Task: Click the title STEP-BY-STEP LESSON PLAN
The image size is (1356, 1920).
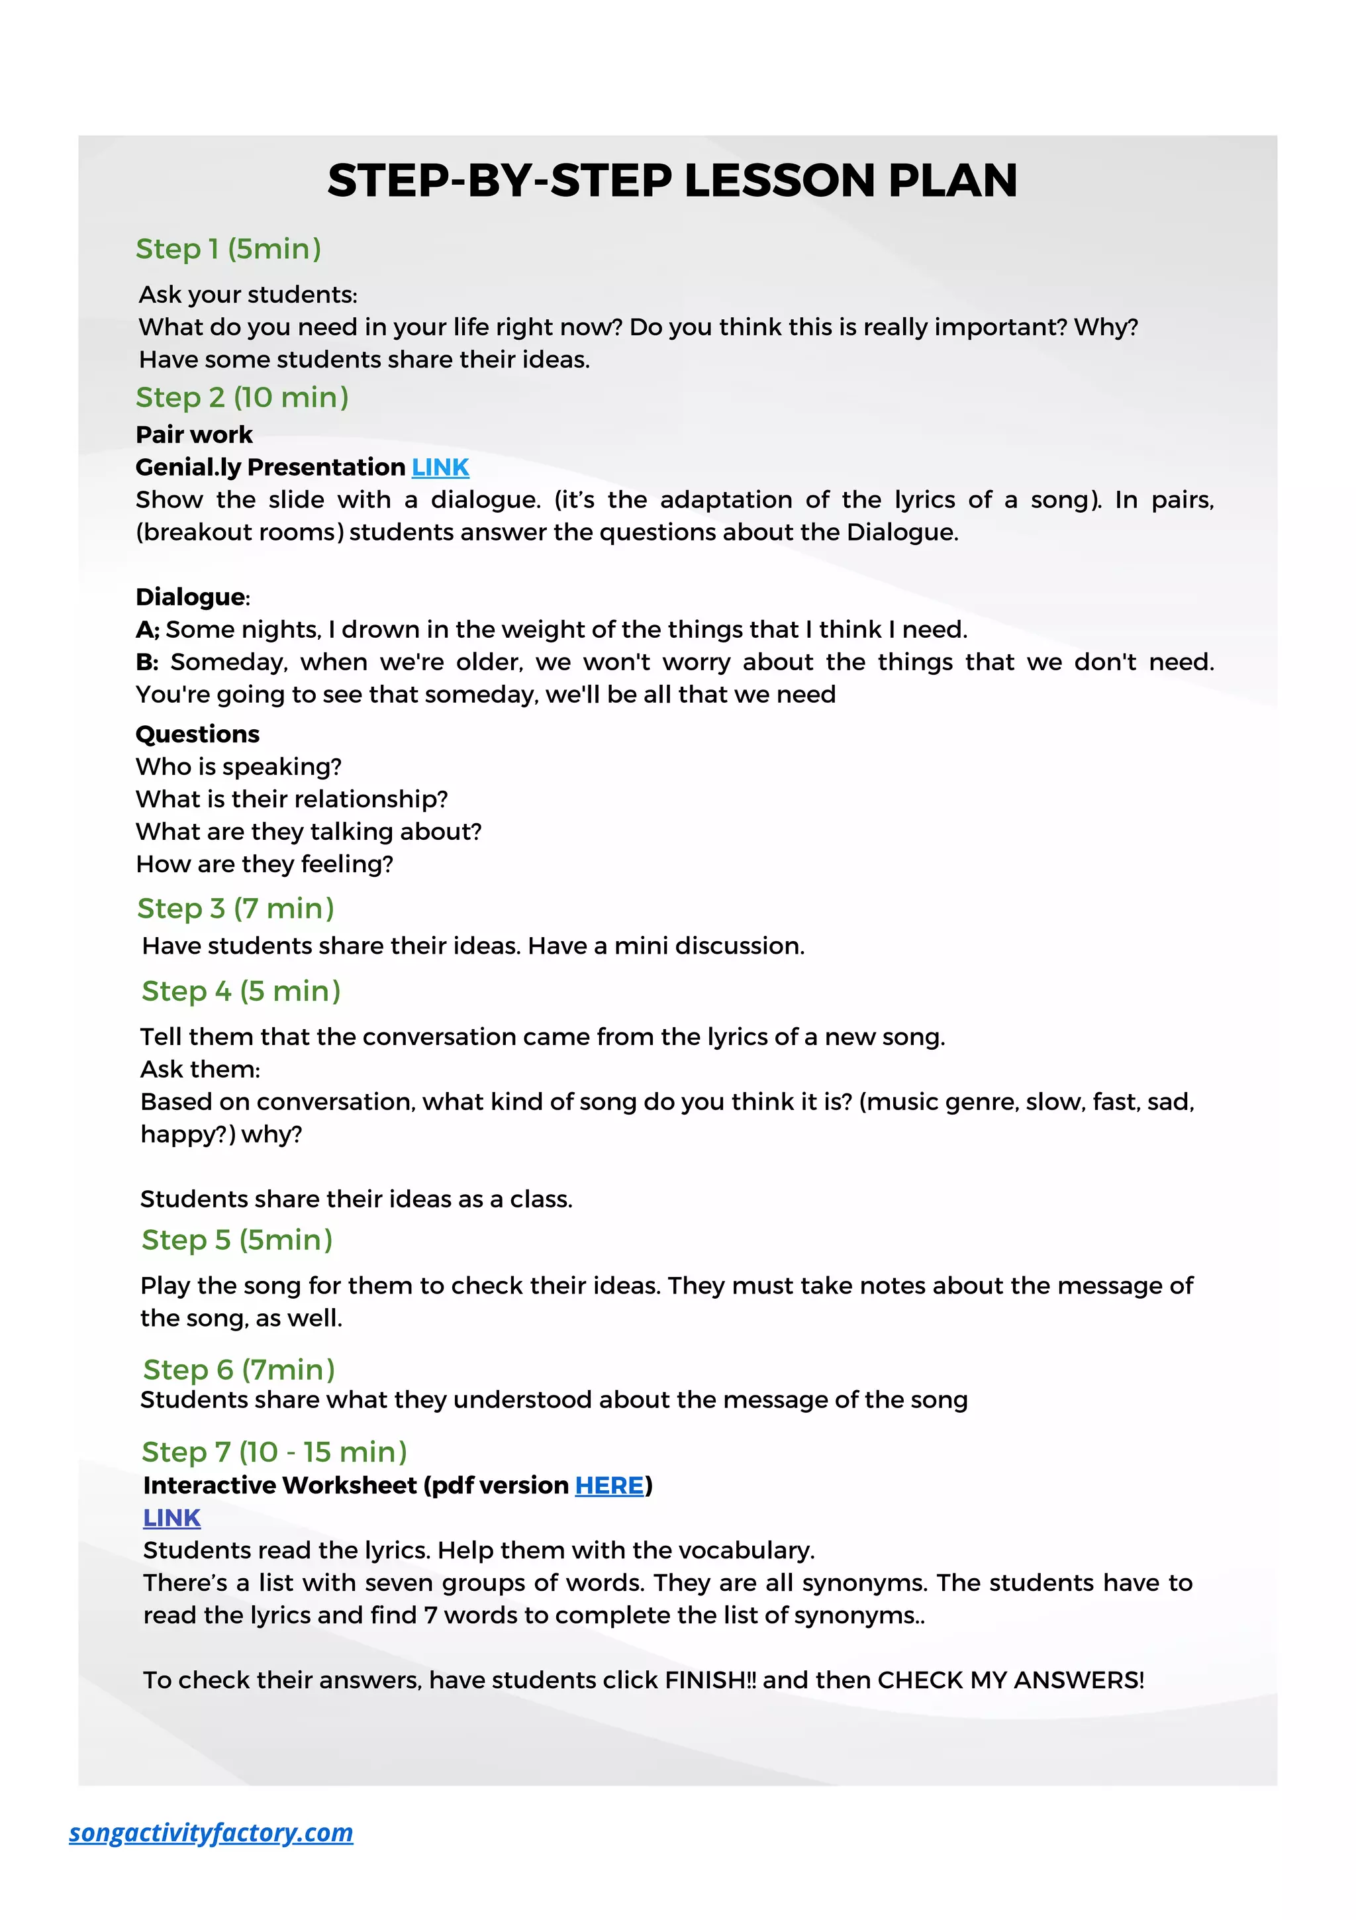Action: click(x=672, y=181)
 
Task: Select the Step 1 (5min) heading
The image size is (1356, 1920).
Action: click(x=228, y=248)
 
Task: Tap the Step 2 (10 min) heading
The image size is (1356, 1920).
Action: click(x=242, y=397)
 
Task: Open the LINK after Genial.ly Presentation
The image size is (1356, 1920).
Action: click(x=440, y=468)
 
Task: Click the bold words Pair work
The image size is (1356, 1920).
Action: click(x=194, y=435)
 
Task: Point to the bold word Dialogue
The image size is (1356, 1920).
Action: click(x=191, y=597)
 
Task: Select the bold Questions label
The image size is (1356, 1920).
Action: click(x=197, y=734)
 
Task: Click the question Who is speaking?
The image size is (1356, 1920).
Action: click(x=238, y=767)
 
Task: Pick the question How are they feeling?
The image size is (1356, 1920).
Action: click(x=264, y=864)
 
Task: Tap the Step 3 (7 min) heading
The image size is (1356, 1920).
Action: click(x=235, y=908)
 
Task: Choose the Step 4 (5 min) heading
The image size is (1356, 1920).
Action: click(x=241, y=991)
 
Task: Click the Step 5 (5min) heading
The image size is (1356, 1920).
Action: click(x=236, y=1240)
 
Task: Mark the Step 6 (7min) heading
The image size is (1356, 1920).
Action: click(x=238, y=1370)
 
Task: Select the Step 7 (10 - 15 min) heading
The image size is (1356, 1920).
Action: click(x=273, y=1452)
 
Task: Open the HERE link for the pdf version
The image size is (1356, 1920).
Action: click(x=608, y=1486)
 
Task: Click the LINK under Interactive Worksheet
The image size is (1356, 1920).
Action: click(x=171, y=1519)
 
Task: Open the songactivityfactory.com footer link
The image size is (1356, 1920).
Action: click(x=211, y=1833)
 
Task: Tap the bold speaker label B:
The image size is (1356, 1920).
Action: click(x=147, y=662)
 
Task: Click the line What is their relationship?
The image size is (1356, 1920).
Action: click(x=292, y=799)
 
